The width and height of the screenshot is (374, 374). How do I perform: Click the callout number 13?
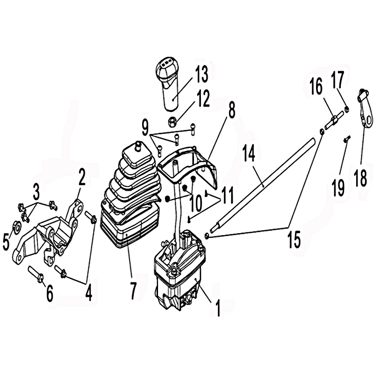pyautogui.click(x=201, y=74)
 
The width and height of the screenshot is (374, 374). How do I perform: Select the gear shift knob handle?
pyautogui.click(x=167, y=85)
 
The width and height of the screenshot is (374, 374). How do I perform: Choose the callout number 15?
pyautogui.click(x=294, y=239)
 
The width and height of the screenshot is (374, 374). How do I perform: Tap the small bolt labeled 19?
pyautogui.click(x=347, y=139)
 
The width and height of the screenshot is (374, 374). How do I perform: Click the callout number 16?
pyautogui.click(x=316, y=87)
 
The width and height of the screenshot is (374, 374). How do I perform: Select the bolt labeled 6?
pyautogui.click(x=36, y=274)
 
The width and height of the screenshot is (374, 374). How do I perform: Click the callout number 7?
pyautogui.click(x=132, y=290)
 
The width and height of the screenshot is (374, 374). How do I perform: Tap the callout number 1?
pyautogui.click(x=217, y=308)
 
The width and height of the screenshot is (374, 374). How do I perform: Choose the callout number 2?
pyautogui.click(x=82, y=177)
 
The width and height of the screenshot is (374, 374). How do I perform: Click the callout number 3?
pyautogui.click(x=36, y=193)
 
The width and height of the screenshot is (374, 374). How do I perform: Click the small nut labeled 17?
pyautogui.click(x=346, y=109)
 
